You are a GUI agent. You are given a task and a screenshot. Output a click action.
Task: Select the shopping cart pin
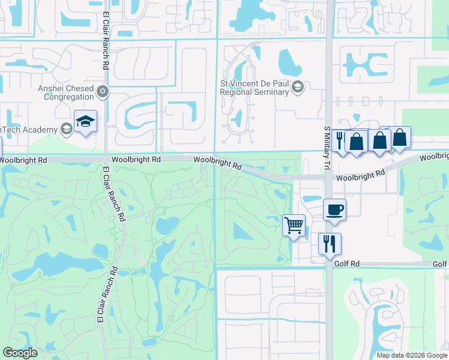(x=294, y=226)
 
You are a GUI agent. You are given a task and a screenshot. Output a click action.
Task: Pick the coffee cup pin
(x=334, y=210)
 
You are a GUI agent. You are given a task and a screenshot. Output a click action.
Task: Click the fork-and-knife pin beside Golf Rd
(x=330, y=244)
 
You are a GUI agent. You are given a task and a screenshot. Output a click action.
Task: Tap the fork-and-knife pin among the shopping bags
(x=340, y=141)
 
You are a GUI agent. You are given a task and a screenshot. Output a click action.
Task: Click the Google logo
(x=20, y=353)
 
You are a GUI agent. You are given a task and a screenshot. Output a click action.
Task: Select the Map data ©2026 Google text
(x=412, y=355)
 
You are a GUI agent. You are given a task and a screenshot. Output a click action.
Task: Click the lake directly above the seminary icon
(x=290, y=60)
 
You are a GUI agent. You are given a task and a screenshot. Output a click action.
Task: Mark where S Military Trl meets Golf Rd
(x=329, y=264)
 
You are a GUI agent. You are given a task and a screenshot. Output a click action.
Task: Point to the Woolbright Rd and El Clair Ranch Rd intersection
(x=105, y=160)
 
